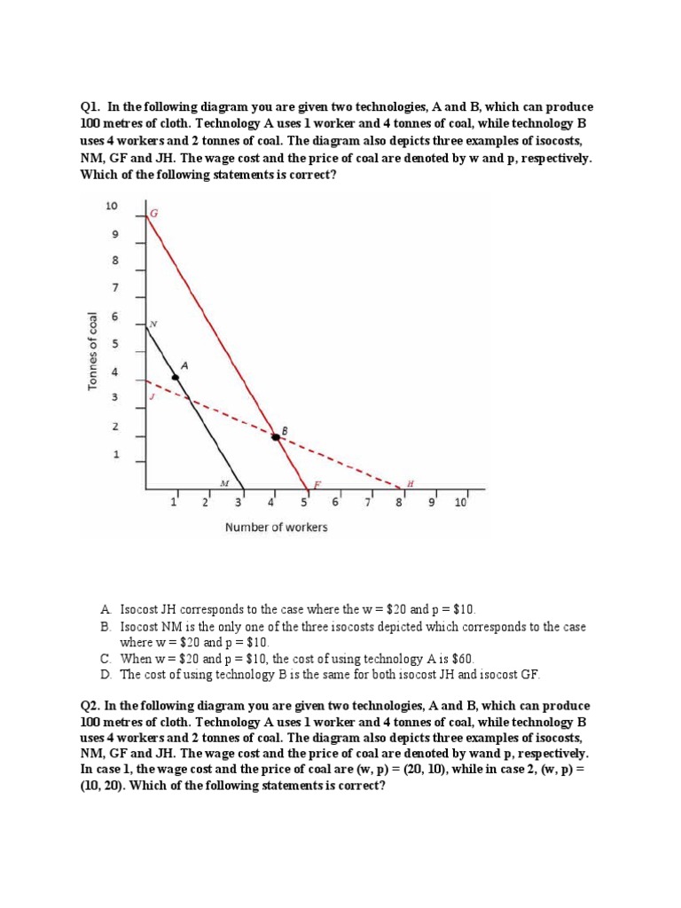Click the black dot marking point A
click(x=176, y=378)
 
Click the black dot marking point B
click(x=275, y=435)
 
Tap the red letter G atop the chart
click(x=153, y=214)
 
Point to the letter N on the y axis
click(x=153, y=324)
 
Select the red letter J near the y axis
click(x=152, y=397)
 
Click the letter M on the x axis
click(x=224, y=483)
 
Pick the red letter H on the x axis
click(x=410, y=483)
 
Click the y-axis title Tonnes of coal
click(x=91, y=351)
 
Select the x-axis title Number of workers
click(x=276, y=527)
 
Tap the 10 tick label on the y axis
click(x=112, y=206)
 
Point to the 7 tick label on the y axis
click(x=113, y=288)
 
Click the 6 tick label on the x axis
click(x=334, y=503)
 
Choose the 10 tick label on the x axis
click(x=459, y=503)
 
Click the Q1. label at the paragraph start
click(x=90, y=106)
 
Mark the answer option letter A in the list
click(x=105, y=610)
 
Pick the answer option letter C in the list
click(x=105, y=658)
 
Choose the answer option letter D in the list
click(x=105, y=674)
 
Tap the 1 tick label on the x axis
click(x=174, y=503)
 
